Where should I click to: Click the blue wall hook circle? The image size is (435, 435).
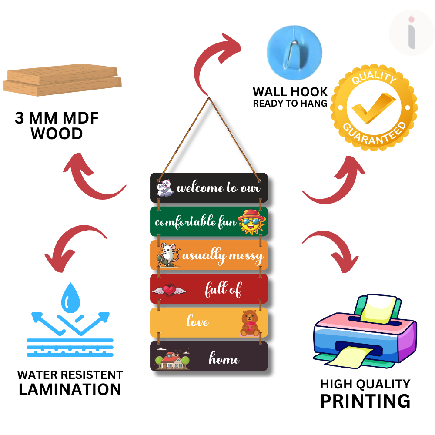tap(294, 48)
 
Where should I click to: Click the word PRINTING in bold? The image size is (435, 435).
tap(365, 401)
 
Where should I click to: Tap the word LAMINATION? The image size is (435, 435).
tap(70, 389)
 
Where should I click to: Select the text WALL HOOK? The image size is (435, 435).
tap(290, 92)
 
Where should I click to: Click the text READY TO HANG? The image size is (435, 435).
tap(290, 104)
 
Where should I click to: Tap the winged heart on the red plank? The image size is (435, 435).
tap(168, 289)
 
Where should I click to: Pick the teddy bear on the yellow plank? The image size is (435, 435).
tap(250, 323)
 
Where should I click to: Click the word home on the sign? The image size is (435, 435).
tap(224, 359)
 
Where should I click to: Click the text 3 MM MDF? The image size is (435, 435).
tap(57, 119)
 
